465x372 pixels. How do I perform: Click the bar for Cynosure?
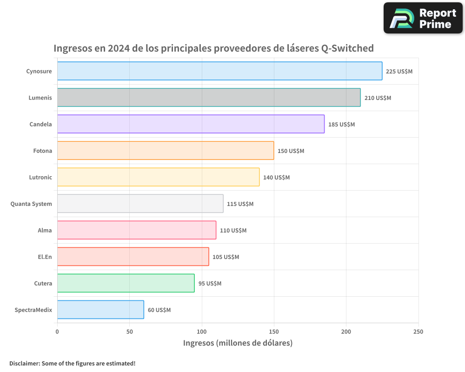click(x=219, y=71)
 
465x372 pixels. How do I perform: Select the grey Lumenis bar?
click(x=209, y=98)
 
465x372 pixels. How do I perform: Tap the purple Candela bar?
click(x=191, y=124)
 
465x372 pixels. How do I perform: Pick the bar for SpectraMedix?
click(x=100, y=310)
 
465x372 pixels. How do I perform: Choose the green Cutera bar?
click(x=126, y=283)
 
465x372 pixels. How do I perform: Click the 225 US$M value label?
click(x=399, y=72)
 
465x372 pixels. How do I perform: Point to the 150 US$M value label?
click(x=291, y=151)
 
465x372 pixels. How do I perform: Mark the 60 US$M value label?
click(x=159, y=310)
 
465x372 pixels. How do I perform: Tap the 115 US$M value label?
click(x=240, y=204)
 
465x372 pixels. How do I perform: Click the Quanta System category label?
click(x=31, y=204)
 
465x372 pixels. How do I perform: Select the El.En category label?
click(x=45, y=257)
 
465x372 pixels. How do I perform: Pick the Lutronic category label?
click(x=40, y=177)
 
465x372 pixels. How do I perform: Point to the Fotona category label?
click(x=43, y=151)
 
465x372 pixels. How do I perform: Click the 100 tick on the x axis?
click(x=202, y=332)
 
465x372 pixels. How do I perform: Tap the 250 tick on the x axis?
click(x=418, y=332)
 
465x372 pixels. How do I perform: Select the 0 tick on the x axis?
click(x=57, y=332)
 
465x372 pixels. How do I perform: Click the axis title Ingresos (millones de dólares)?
click(x=238, y=343)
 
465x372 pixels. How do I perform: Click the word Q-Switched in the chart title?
click(x=347, y=48)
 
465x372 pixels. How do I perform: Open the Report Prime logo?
click(x=423, y=18)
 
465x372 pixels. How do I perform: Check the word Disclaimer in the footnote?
click(x=24, y=363)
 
